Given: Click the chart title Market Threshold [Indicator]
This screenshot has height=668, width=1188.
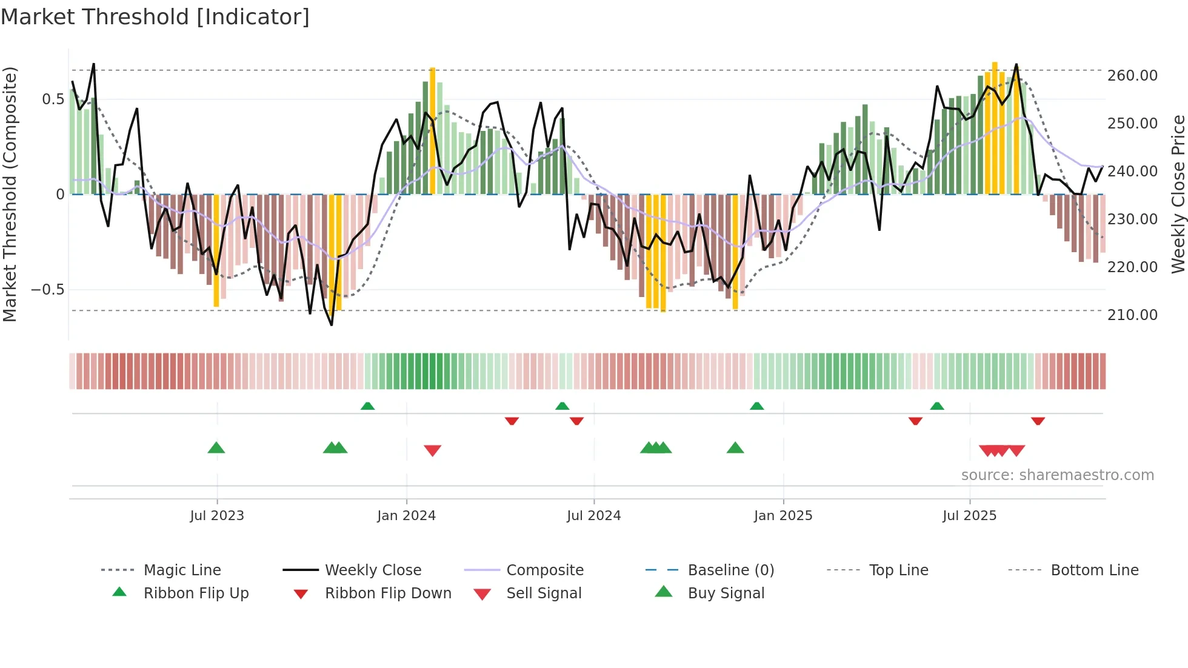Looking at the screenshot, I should [x=155, y=17].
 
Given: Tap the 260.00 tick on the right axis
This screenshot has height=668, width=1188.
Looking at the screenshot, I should [x=1132, y=76].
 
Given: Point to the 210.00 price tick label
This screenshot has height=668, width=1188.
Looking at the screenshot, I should [x=1132, y=315].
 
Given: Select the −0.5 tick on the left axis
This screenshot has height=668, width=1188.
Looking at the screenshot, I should [x=48, y=290].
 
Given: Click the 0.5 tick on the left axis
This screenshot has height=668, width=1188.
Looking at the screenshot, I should [x=53, y=99].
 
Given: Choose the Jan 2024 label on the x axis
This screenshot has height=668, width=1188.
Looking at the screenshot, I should [x=406, y=516].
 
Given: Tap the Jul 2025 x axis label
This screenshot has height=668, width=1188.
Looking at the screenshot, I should [x=969, y=516].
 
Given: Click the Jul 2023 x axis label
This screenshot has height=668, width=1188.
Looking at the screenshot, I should [x=217, y=516].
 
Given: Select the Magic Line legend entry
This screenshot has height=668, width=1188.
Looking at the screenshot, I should [x=182, y=570].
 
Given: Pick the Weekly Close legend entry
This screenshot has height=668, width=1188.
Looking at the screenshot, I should [x=373, y=570].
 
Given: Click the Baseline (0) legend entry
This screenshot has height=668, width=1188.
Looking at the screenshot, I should [x=730, y=570].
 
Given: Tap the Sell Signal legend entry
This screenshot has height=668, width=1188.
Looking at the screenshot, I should [x=544, y=593].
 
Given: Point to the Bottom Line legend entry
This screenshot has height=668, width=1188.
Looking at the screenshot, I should [x=1094, y=570].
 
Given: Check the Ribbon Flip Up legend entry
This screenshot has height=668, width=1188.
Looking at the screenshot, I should [x=196, y=593].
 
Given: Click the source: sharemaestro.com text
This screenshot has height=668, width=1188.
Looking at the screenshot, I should [x=1057, y=475].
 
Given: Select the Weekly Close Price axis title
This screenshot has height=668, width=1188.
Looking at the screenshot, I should [x=1178, y=194].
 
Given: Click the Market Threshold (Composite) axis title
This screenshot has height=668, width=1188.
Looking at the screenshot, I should [x=10, y=194].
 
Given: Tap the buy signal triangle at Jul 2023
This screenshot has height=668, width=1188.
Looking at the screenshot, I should [x=216, y=448].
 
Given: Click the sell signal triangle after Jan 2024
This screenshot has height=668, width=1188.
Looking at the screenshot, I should [x=432, y=450].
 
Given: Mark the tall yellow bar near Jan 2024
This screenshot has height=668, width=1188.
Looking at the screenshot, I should [x=432, y=130].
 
